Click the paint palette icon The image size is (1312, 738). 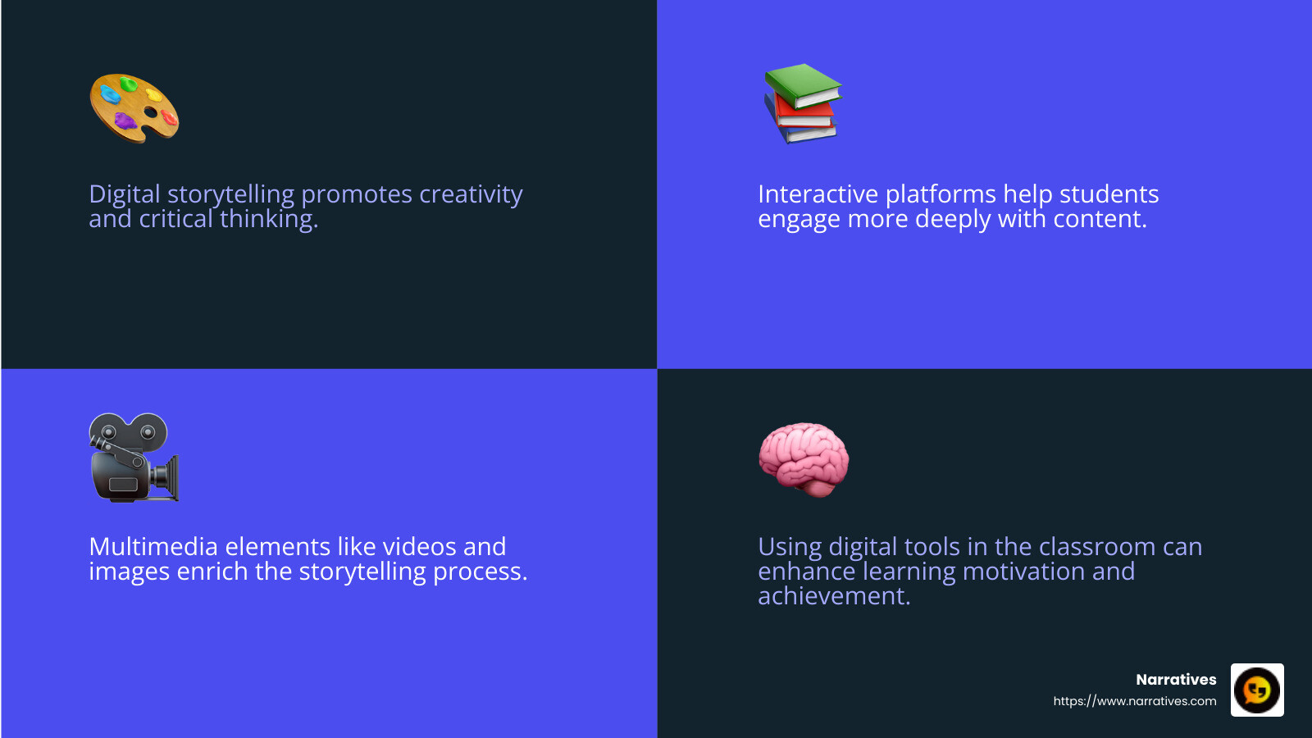click(x=134, y=107)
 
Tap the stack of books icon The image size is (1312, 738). click(x=802, y=104)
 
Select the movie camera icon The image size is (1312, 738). click(x=133, y=458)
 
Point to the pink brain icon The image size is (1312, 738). click(x=804, y=458)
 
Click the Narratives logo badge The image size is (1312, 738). click(x=1256, y=690)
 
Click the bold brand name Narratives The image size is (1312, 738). click(x=1176, y=680)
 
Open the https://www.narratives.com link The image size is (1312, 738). click(x=1134, y=701)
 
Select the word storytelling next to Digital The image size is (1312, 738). click(x=230, y=195)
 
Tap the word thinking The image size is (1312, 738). click(x=268, y=220)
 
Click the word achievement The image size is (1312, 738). click(x=833, y=596)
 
